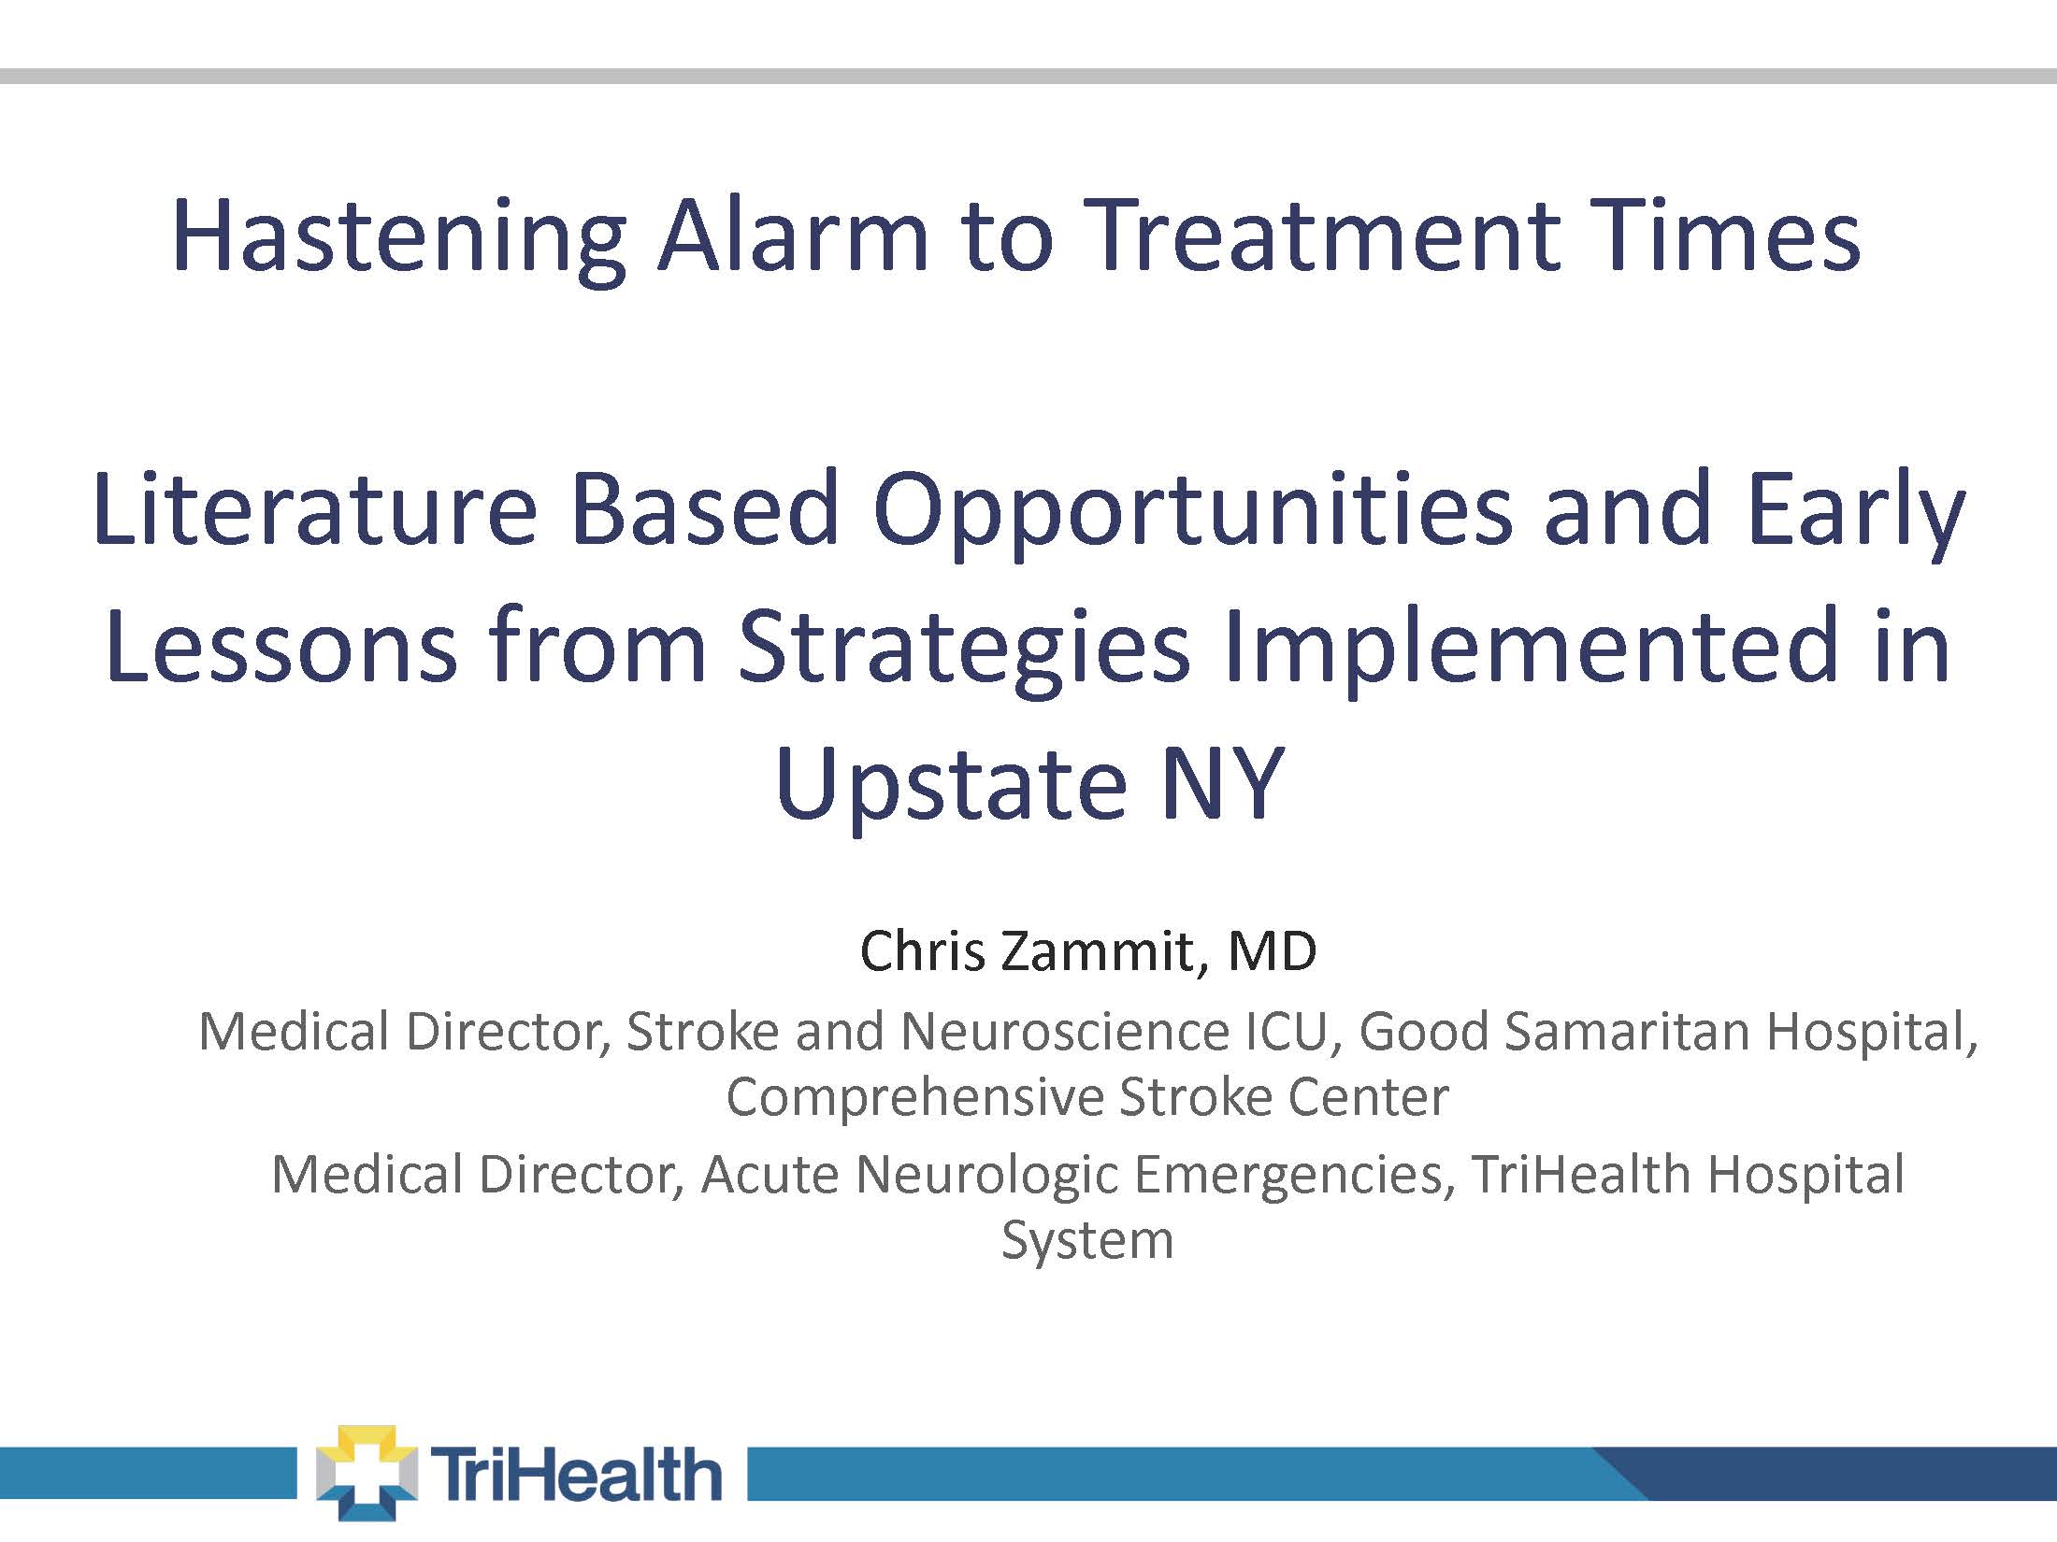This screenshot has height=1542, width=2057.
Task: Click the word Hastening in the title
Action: pyautogui.click(x=399, y=238)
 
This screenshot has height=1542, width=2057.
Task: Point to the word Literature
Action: pyautogui.click(x=316, y=509)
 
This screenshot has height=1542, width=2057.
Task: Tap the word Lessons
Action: pyautogui.click(x=281, y=646)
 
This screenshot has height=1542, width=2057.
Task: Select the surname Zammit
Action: pyautogui.click(x=1099, y=951)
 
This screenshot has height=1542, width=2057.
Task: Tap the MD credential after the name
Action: pyautogui.click(x=1272, y=951)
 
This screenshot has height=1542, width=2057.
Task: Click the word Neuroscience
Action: pyautogui.click(x=1065, y=1032)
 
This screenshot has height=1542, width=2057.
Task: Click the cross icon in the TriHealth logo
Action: pyautogui.click(x=367, y=1473)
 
